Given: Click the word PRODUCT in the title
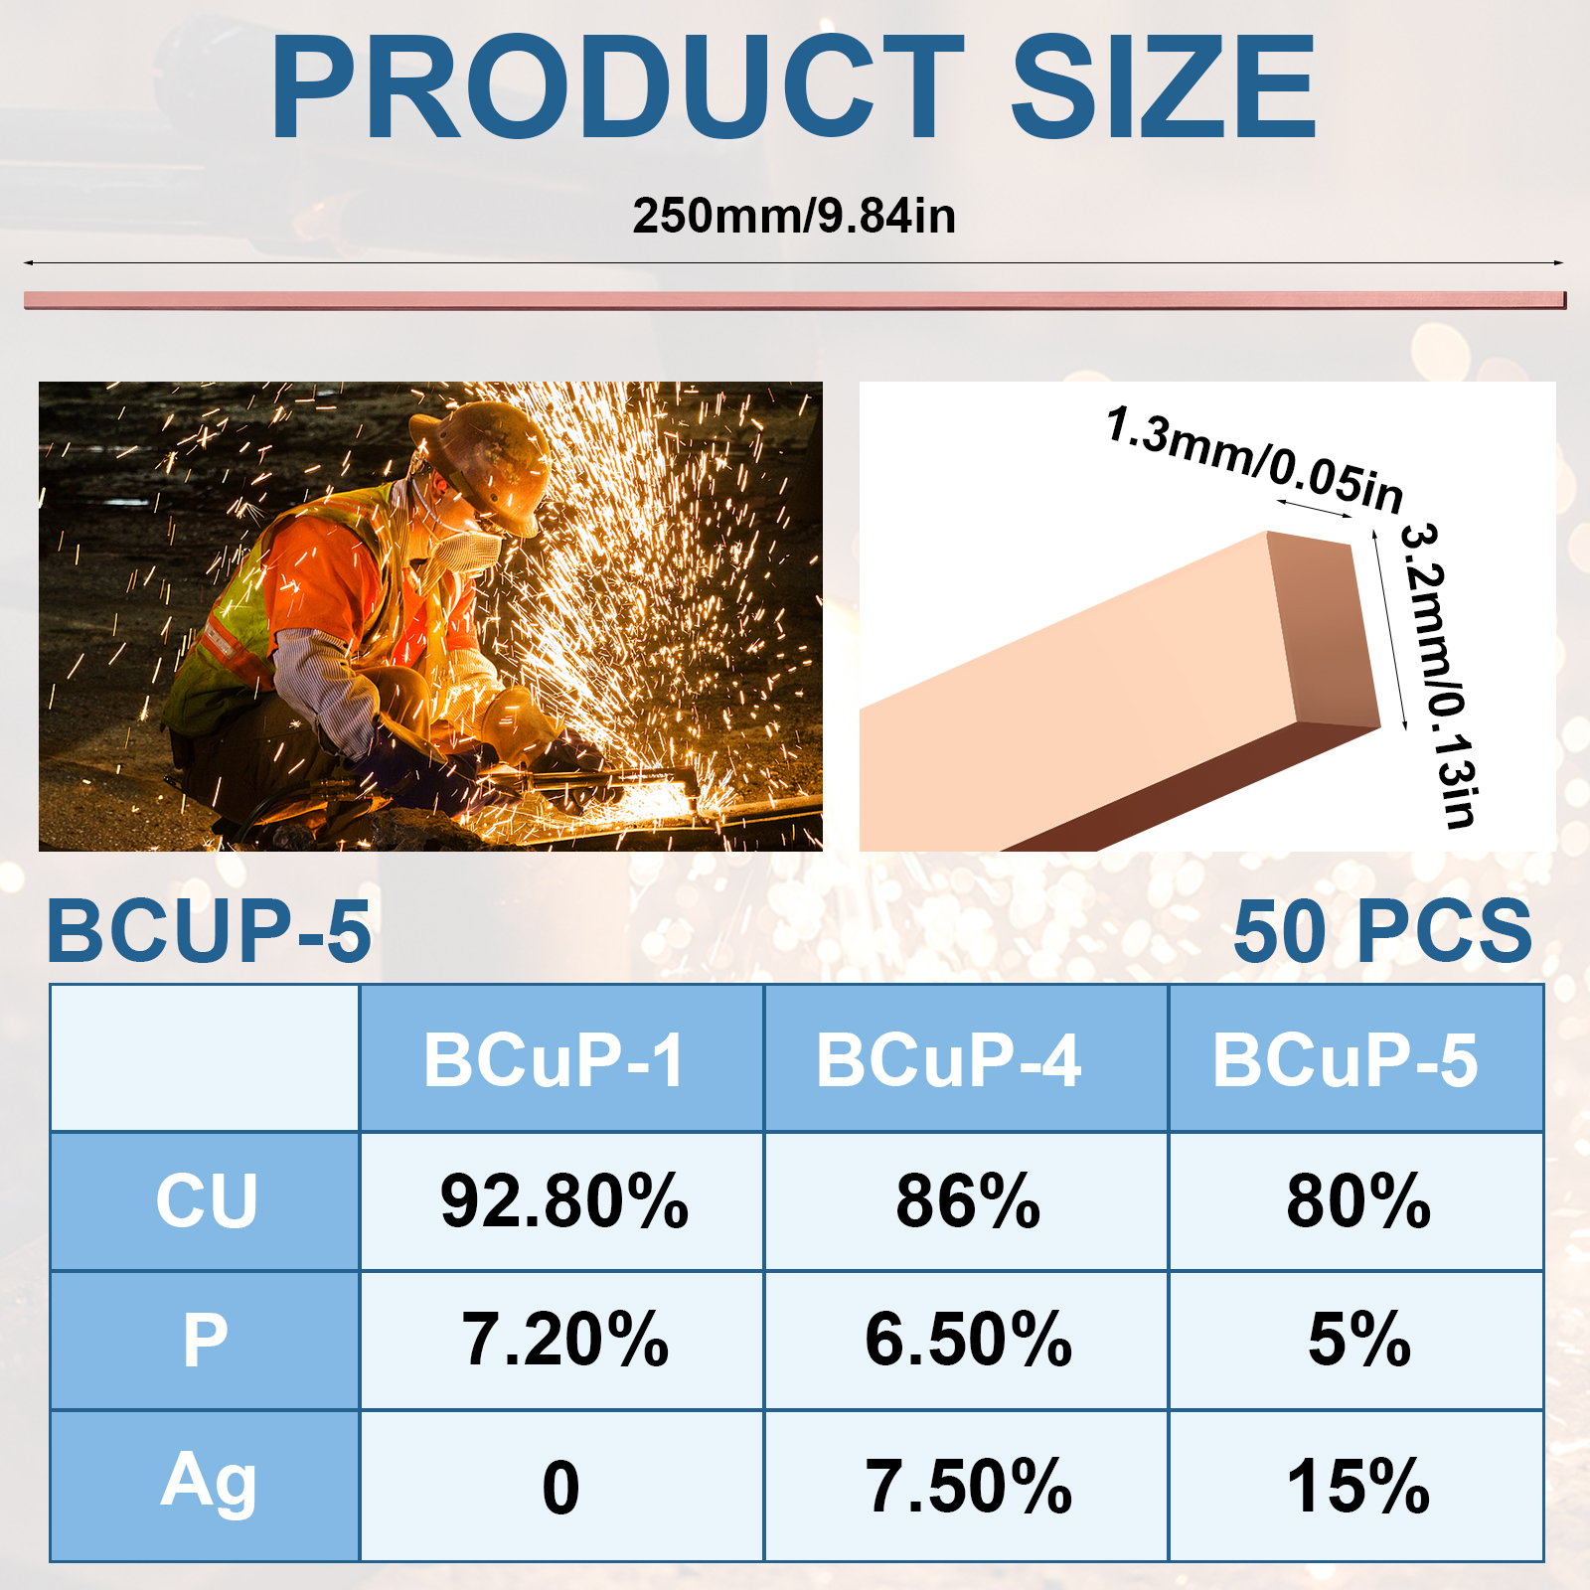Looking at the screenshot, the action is pos(617,87).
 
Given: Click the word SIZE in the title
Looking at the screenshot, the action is pos(1164,87).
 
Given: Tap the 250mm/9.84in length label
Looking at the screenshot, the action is pos(794,216).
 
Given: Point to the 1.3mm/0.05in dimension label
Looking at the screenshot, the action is pos(1255,458).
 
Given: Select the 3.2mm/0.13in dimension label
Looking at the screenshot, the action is pos(1438,675).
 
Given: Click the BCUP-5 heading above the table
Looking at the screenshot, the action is pos(209,931).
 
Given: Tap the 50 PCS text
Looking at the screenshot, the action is pos(1382,931).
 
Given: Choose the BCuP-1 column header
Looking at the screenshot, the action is pos(555,1060).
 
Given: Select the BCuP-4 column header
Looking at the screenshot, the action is pos(948,1060).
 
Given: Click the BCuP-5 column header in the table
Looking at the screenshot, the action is pos(1346,1060).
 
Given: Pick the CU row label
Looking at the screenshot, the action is pos(207,1200).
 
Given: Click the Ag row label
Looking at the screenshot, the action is pos(208,1482).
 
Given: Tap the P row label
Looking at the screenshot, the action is pos(206,1340).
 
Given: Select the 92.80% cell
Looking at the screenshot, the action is pos(564,1200).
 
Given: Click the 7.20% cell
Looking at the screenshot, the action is pos(564,1340).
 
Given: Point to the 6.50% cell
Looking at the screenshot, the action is pos(969,1340).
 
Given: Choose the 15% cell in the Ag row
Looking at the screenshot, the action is pos(1358,1487).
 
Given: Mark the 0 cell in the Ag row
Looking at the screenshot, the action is pos(560,1488).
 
